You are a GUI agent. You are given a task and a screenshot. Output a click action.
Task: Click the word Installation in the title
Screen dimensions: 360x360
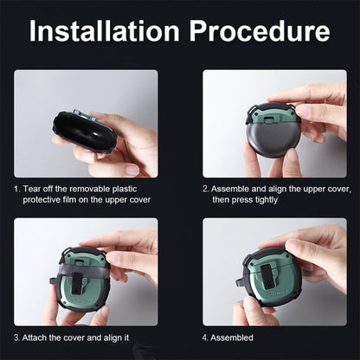coord(105,31)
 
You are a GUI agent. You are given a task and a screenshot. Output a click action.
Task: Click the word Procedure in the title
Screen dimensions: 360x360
coord(260,31)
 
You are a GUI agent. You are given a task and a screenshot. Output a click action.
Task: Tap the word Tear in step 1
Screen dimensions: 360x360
coord(29,189)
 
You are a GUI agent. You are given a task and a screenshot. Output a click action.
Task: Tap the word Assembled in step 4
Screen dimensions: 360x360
coord(232,337)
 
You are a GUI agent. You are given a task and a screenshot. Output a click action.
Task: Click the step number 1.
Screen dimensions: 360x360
coord(16,190)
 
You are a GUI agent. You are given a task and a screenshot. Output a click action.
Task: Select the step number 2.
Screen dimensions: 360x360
coord(205,190)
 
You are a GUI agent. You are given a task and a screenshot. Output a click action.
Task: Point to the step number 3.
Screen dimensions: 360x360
coord(16,337)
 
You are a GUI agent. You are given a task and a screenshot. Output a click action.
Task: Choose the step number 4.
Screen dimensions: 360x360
coord(205,337)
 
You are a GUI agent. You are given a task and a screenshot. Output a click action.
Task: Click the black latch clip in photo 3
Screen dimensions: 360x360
coord(77,283)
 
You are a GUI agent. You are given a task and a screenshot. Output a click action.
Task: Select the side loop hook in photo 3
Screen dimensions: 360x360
coord(54,281)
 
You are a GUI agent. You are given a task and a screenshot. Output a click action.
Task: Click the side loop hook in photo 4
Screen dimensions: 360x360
coord(240,283)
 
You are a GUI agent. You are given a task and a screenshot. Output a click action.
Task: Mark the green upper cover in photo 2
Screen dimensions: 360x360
coord(271,116)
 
